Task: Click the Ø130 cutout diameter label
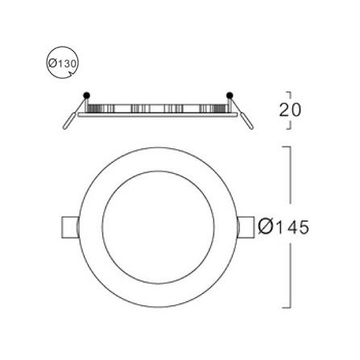tap(63, 64)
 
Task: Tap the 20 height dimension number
tap(290, 110)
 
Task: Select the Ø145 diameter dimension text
tap(283, 227)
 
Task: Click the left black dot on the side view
tap(87, 95)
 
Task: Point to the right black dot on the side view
tap(230, 95)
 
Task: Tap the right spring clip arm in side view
tap(242, 114)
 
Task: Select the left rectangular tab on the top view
tap(70, 227)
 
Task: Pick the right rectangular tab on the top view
tap(246, 227)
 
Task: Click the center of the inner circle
tap(158, 227)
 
